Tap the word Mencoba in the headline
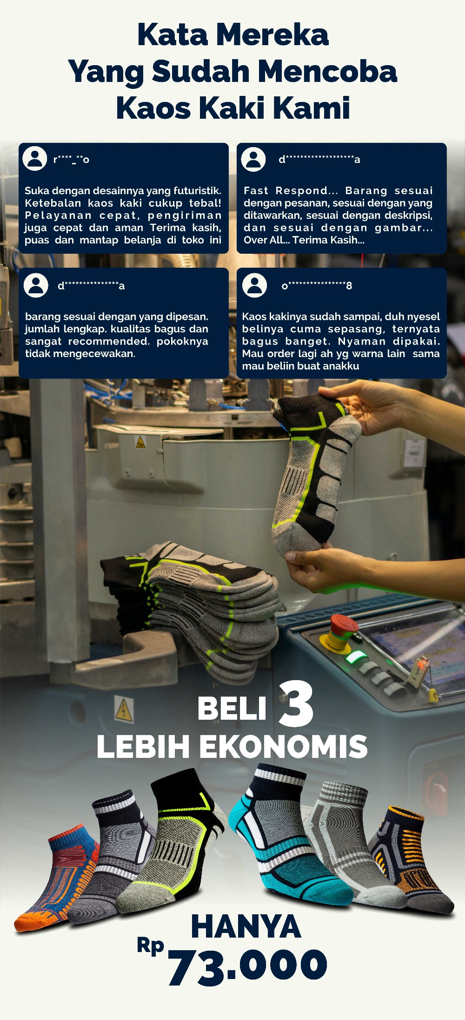[327, 72]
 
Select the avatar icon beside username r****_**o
[35, 158]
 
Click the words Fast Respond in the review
[286, 191]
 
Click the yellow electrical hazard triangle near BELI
[124, 710]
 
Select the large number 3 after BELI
[296, 704]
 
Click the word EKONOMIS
[284, 747]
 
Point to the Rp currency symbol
[151, 946]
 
